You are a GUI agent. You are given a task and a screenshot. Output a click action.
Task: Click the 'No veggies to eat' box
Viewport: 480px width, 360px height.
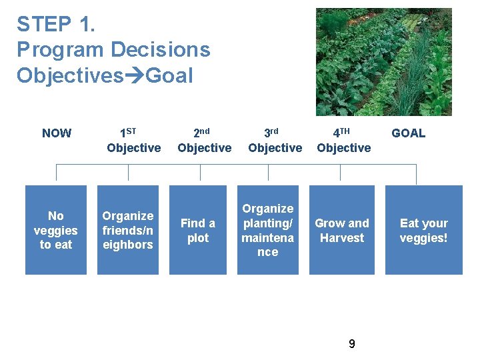(56, 230)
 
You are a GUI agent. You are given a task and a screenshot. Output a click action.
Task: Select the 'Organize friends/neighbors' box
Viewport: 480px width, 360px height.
(128, 230)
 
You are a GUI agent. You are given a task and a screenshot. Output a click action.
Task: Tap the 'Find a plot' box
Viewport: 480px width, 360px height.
(198, 230)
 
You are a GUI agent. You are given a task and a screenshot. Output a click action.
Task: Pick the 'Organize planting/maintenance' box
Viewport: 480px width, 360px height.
(268, 230)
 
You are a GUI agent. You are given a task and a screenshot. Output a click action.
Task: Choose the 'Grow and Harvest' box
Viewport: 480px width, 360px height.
(342, 230)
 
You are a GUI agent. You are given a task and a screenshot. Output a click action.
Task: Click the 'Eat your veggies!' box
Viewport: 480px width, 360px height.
(423, 230)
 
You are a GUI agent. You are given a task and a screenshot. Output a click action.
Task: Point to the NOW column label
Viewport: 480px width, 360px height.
(57, 133)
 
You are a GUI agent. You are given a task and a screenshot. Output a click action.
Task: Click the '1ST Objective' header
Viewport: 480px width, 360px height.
(133, 141)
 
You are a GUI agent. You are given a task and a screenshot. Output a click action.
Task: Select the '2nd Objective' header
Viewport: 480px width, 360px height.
(205, 141)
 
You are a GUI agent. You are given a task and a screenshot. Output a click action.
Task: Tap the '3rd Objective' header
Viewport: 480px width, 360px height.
(275, 141)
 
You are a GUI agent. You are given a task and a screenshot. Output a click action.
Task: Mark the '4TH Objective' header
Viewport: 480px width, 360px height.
(344, 141)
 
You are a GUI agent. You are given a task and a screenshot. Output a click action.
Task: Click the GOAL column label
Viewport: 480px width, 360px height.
(408, 133)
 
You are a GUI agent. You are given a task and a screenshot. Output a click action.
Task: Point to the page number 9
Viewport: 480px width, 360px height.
(352, 344)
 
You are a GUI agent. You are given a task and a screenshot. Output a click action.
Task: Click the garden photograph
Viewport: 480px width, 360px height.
(383, 62)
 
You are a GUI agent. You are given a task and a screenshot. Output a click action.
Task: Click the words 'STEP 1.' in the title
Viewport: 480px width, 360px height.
(56, 25)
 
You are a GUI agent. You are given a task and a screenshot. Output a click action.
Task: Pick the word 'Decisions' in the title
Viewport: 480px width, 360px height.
(160, 50)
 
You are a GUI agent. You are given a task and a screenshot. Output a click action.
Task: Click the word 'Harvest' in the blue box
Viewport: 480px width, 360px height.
(342, 238)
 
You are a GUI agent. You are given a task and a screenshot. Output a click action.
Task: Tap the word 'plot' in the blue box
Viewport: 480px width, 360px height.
(198, 238)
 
